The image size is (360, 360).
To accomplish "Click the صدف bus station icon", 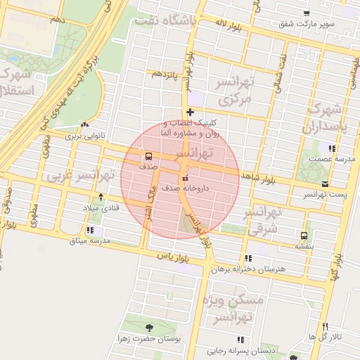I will click(x=148, y=156).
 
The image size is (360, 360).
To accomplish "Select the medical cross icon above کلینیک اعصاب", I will click(x=190, y=112).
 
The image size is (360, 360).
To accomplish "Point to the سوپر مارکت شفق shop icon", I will click(x=306, y=13).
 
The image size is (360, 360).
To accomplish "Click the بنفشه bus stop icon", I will click(x=304, y=236).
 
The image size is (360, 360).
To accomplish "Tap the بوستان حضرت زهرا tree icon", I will click(x=148, y=328).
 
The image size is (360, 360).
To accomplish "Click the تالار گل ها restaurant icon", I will click(x=325, y=326).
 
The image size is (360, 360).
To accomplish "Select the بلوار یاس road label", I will click(x=175, y=257).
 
